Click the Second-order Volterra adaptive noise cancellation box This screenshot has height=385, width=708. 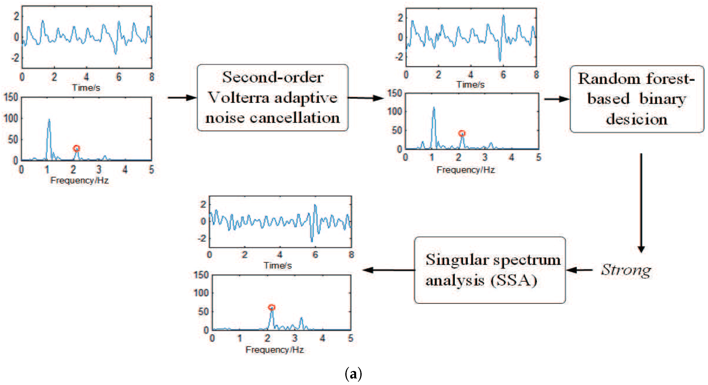273,98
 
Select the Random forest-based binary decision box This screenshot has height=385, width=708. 636,99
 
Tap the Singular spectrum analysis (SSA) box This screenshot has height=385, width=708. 490,270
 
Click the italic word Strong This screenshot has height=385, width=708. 626,270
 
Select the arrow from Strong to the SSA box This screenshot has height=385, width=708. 579,270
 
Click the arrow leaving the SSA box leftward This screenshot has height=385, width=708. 389,270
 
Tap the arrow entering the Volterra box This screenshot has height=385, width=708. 182,98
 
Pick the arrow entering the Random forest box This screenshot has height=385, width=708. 557,99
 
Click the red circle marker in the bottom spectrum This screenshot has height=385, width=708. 272,307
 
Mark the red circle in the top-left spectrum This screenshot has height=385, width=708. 76,148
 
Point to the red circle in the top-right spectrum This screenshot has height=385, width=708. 462,134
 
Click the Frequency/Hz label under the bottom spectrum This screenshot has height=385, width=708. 275,350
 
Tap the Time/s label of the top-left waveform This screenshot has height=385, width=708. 86,88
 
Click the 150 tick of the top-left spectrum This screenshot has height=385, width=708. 11,97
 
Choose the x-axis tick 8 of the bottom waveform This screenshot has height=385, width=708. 351,254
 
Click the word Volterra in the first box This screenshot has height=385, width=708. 238,98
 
